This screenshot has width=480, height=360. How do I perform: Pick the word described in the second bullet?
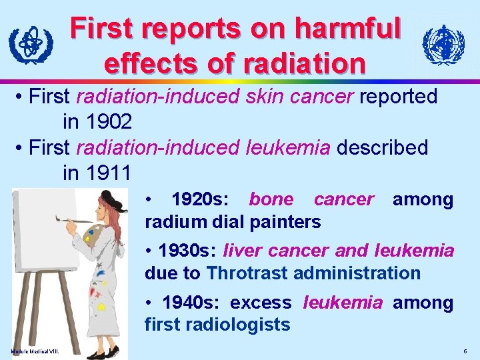[x=382, y=147]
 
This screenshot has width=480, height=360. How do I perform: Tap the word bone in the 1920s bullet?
[x=271, y=199]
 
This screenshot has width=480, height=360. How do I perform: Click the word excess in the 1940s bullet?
[x=261, y=303]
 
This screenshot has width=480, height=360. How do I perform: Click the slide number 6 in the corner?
[x=464, y=351]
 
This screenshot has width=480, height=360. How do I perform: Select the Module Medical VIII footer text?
[x=34, y=351]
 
